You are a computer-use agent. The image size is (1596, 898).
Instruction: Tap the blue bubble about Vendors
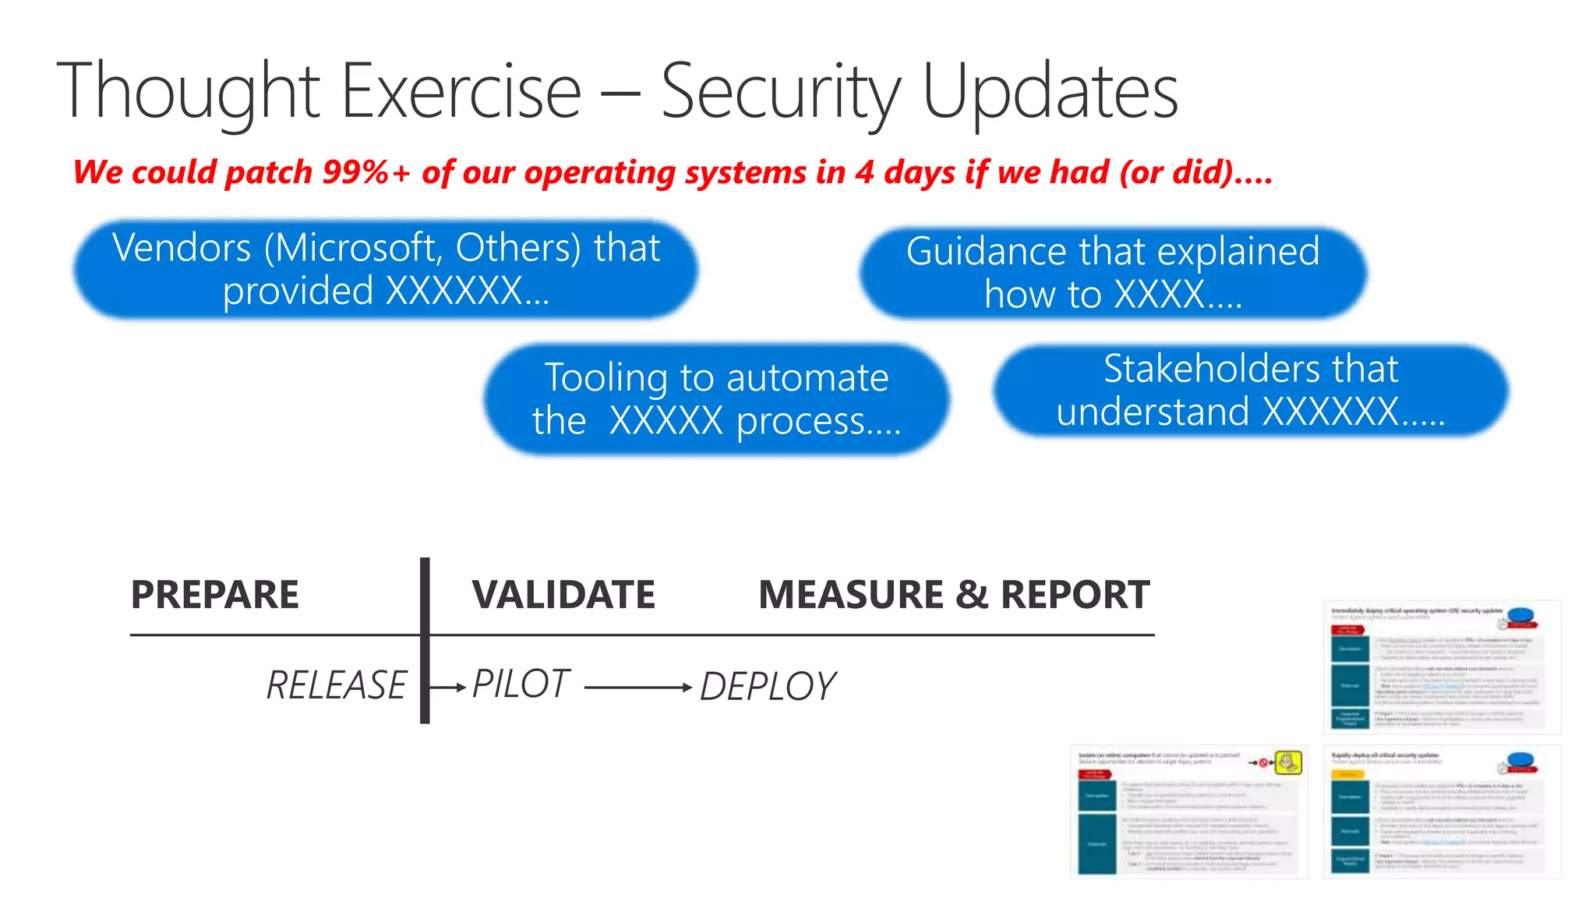coord(386,270)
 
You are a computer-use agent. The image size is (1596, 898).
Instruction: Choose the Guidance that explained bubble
coord(1113,273)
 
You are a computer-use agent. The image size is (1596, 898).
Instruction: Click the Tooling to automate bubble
coord(716,399)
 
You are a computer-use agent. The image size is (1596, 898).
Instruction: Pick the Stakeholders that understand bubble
coord(1250,391)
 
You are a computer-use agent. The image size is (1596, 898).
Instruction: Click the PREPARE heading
coord(215,595)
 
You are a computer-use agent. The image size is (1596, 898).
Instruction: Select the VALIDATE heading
coord(563,595)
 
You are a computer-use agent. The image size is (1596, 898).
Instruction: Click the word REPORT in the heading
coord(1075,595)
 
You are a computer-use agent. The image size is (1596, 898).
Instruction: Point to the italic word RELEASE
coord(337,686)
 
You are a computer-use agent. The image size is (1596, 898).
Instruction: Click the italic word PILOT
coord(521,684)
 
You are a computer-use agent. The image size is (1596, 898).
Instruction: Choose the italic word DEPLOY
coord(768,687)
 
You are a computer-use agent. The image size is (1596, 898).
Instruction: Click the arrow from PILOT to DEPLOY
coord(637,688)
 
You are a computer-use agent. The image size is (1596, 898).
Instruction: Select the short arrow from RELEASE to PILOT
coord(448,688)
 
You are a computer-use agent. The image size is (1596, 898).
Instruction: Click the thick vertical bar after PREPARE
coord(425,640)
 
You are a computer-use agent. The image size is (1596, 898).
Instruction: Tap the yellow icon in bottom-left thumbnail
coord(1287,762)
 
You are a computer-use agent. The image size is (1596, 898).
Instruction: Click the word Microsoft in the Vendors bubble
coord(355,248)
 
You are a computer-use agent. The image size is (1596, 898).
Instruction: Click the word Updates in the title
coord(1050,92)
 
